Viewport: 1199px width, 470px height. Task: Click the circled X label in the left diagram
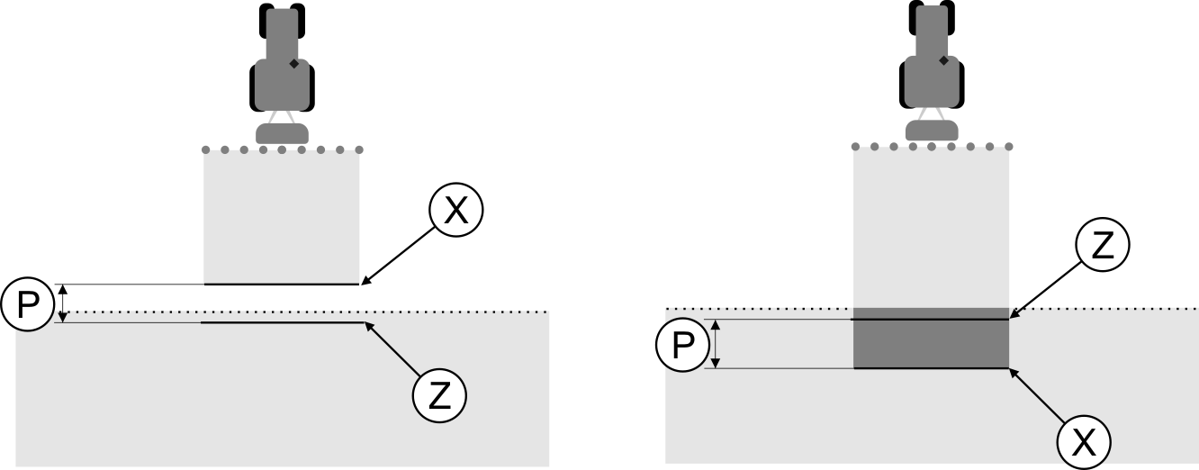click(x=456, y=211)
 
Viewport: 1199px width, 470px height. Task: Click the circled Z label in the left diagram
click(x=439, y=395)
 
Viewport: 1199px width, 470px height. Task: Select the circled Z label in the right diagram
click(x=1102, y=245)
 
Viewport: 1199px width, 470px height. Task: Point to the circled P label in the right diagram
click(x=681, y=344)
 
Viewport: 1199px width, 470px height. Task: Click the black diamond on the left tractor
click(x=293, y=64)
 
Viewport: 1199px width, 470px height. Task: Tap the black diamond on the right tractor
click(x=943, y=60)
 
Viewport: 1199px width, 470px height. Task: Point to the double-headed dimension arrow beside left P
click(x=62, y=303)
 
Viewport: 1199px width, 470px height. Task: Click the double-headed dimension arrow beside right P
click(x=717, y=344)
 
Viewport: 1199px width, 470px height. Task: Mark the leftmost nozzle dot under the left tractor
click(x=205, y=149)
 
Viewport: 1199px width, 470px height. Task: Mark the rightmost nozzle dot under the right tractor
click(x=1009, y=146)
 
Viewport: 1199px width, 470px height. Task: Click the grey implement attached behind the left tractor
click(x=283, y=134)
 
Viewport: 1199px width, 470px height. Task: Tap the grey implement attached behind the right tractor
click(x=932, y=131)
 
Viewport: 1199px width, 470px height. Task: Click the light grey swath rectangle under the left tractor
click(x=282, y=216)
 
